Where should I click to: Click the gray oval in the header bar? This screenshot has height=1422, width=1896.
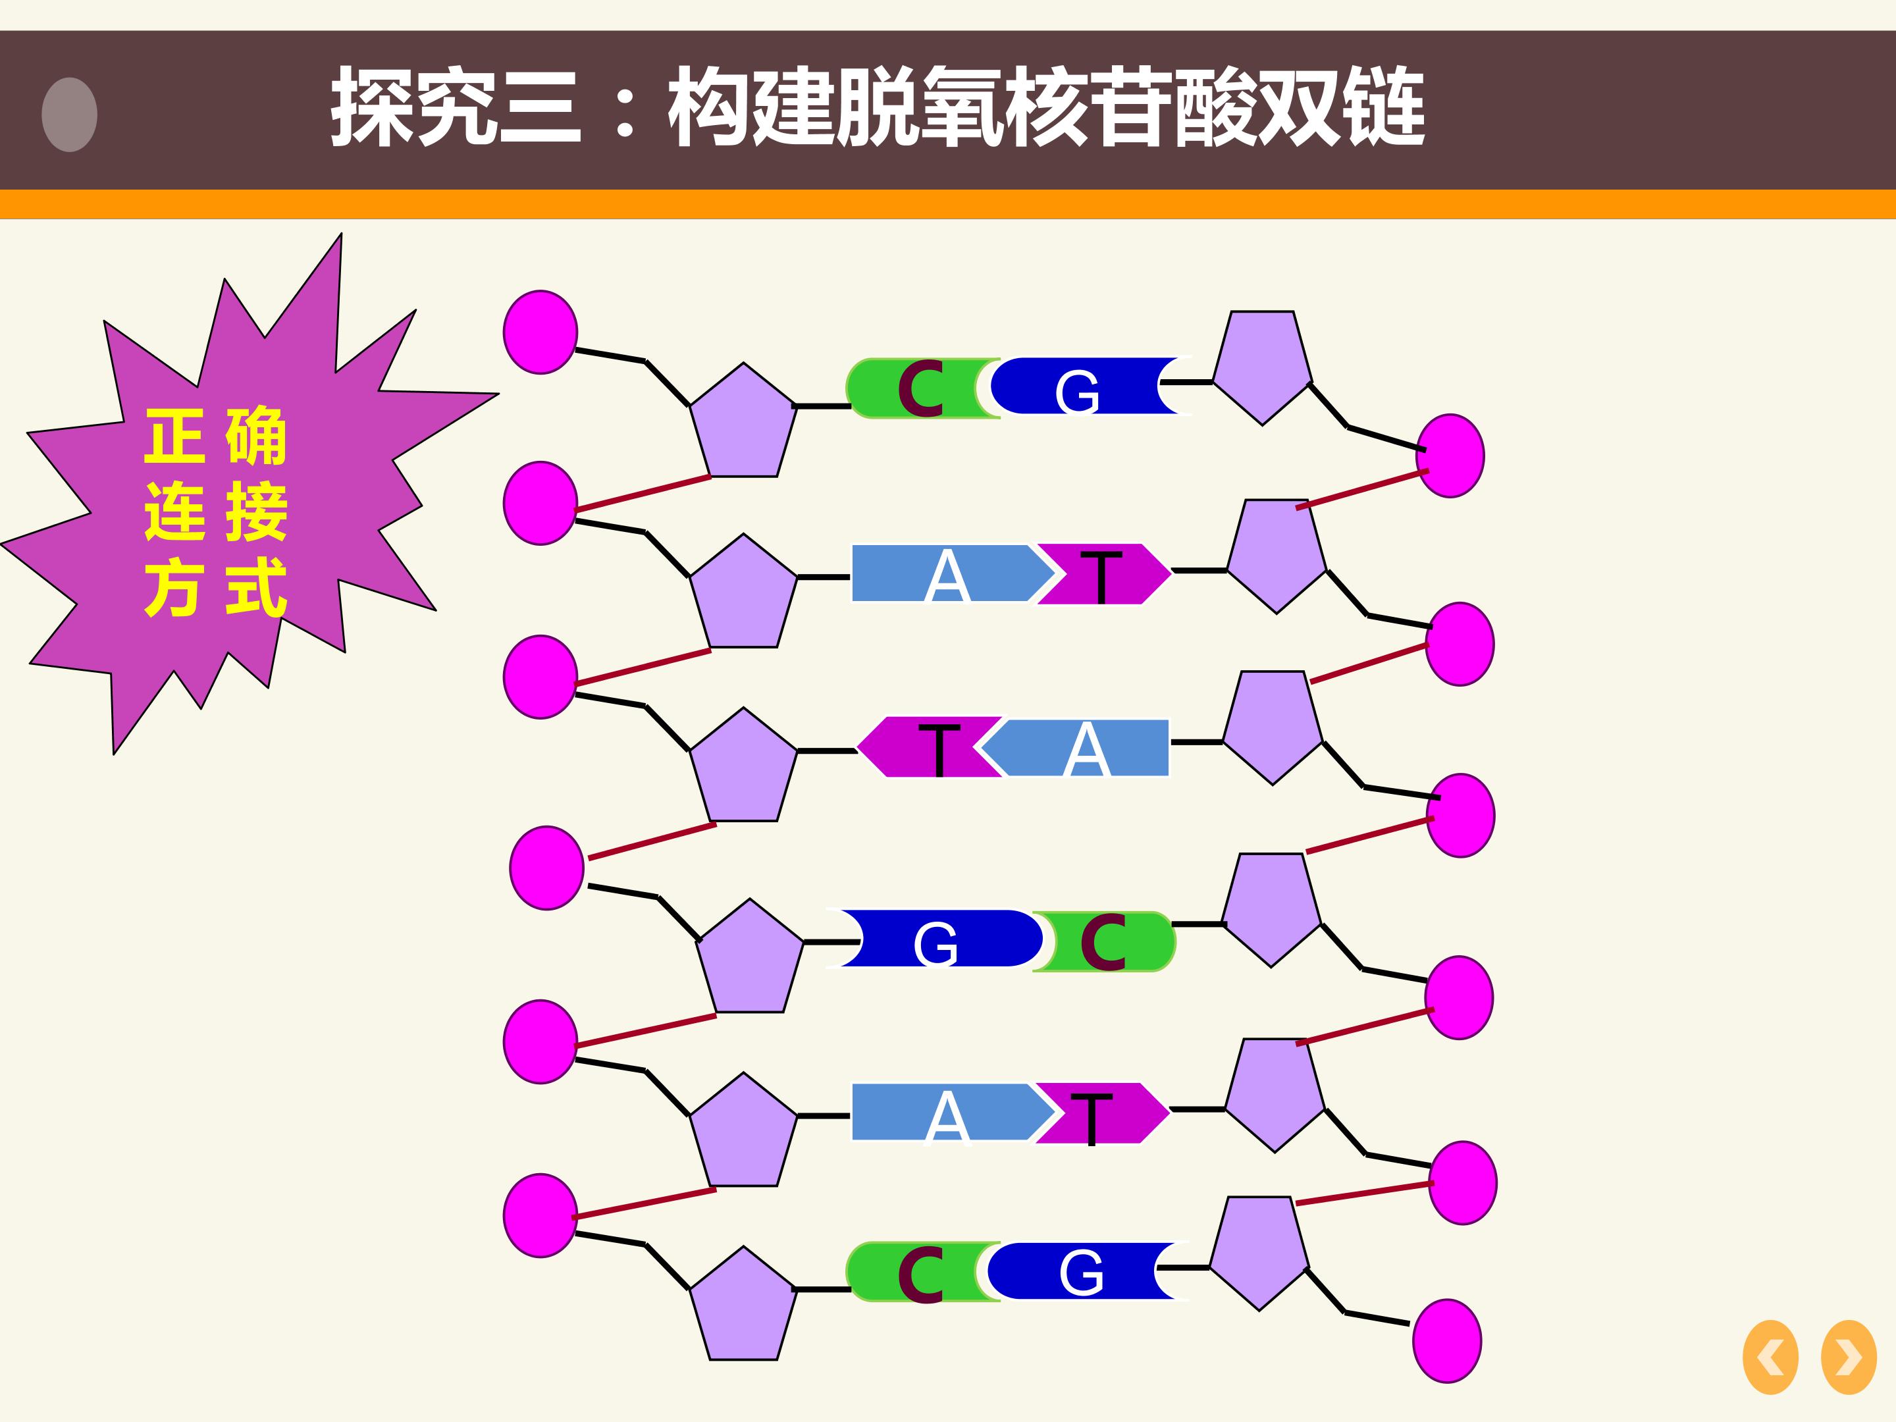pyautogui.click(x=69, y=115)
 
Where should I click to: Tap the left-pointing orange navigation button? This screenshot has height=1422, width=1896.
pyautogui.click(x=1771, y=1357)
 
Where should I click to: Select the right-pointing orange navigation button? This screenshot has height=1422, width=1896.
pyautogui.click(x=1849, y=1357)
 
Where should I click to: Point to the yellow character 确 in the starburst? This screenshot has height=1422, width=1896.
pyautogui.click(x=255, y=436)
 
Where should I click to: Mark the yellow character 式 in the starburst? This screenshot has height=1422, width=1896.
pyautogui.click(x=255, y=587)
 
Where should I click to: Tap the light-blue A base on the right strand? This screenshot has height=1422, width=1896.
pyautogui.click(x=1076, y=747)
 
